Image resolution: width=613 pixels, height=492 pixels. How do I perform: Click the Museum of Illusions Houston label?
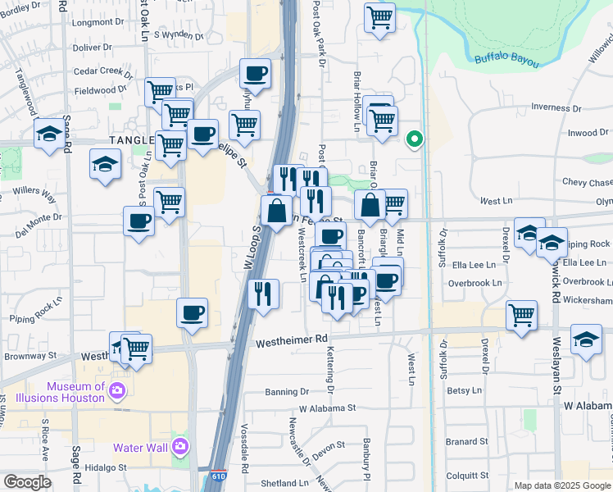pos(64,391)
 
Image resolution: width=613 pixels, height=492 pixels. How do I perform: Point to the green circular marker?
pos(415,139)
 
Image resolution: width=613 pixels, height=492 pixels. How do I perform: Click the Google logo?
pos(27,482)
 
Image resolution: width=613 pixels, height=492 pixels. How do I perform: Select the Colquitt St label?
pos(468,475)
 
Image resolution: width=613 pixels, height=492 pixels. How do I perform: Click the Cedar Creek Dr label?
pos(102,71)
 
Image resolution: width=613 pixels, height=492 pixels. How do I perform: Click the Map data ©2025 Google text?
pos(561,485)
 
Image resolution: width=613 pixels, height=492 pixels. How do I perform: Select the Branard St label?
pos(467,442)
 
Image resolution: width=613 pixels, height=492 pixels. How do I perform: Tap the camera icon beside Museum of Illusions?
pos(117,390)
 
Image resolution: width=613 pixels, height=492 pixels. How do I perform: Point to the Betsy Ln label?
pos(464,391)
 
